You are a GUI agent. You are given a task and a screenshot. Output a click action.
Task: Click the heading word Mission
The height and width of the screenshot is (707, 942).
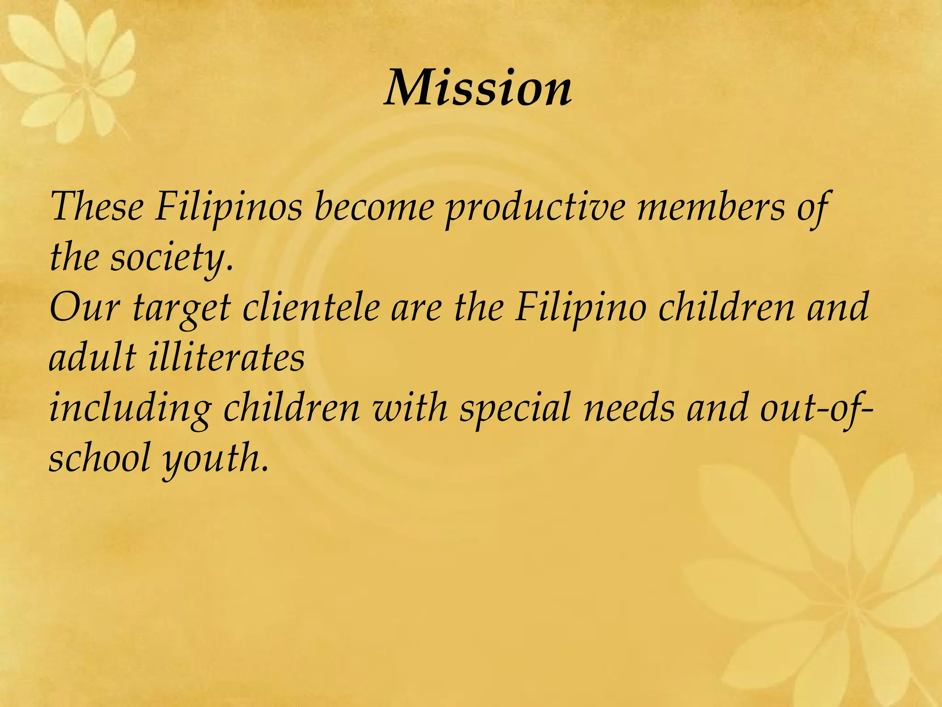click(478, 87)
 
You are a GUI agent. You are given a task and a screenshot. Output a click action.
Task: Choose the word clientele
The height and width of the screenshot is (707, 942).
click(311, 307)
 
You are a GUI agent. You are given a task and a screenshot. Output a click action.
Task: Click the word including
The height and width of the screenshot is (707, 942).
click(130, 408)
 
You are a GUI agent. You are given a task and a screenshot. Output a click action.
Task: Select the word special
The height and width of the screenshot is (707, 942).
click(515, 408)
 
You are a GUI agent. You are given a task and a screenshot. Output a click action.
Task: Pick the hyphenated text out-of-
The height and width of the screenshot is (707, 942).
click(814, 408)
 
